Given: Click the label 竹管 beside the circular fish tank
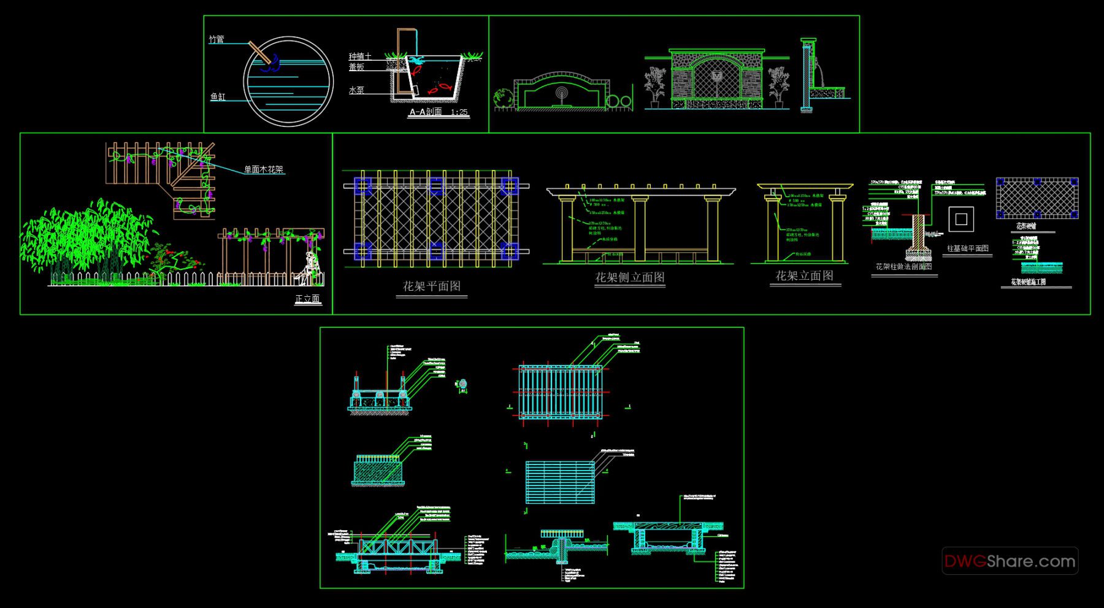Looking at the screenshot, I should point(217,39).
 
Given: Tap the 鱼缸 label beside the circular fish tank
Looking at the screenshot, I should point(218,97).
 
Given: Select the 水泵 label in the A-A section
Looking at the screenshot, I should point(356,90).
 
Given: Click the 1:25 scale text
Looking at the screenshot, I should point(459,112).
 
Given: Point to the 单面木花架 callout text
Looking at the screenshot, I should point(264,169).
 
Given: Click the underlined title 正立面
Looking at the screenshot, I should point(308,299).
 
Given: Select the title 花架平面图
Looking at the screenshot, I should point(431,286).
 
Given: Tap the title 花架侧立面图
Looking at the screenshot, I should point(630,277).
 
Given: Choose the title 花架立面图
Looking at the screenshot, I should point(804,276).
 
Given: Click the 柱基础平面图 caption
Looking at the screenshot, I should point(967,248).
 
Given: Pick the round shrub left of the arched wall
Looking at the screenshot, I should point(504,98).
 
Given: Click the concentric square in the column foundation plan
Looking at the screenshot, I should point(961,219).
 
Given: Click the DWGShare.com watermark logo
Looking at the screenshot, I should point(1010,561).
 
